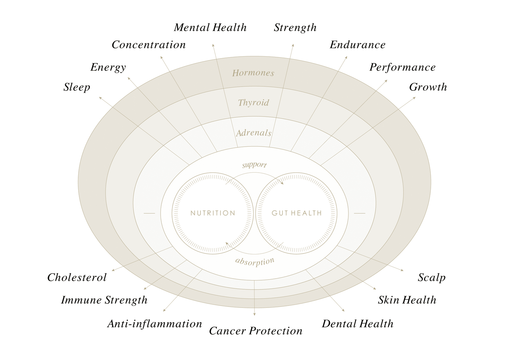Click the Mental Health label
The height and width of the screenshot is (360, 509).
pos(210,28)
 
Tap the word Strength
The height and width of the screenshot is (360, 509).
pos(295,28)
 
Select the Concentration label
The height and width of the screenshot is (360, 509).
pos(149,45)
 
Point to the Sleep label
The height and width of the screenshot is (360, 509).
pos(77,87)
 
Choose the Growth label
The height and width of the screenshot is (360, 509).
pos(428,87)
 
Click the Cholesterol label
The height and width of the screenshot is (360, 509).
pos(77,278)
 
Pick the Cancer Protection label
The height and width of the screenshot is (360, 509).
pos(255,331)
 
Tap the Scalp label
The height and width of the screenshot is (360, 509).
pos(431,278)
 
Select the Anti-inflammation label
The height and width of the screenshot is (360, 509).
pos(155,324)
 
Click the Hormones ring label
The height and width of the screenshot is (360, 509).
pos(253,73)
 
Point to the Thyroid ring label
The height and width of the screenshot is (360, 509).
pos(254,103)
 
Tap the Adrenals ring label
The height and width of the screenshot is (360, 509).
pos(254,133)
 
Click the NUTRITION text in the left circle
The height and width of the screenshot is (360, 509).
pos(213,213)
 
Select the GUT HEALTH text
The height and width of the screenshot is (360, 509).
pos(296,213)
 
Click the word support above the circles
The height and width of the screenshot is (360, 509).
pos(254,165)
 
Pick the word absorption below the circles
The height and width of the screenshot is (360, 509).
pos(254,262)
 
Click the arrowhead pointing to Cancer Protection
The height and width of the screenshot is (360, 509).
pos(254,314)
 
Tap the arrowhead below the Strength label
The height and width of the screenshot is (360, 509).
pos(293,45)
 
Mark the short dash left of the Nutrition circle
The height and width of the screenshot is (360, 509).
pos(149,213)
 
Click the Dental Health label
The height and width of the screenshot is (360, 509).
pos(358,324)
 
